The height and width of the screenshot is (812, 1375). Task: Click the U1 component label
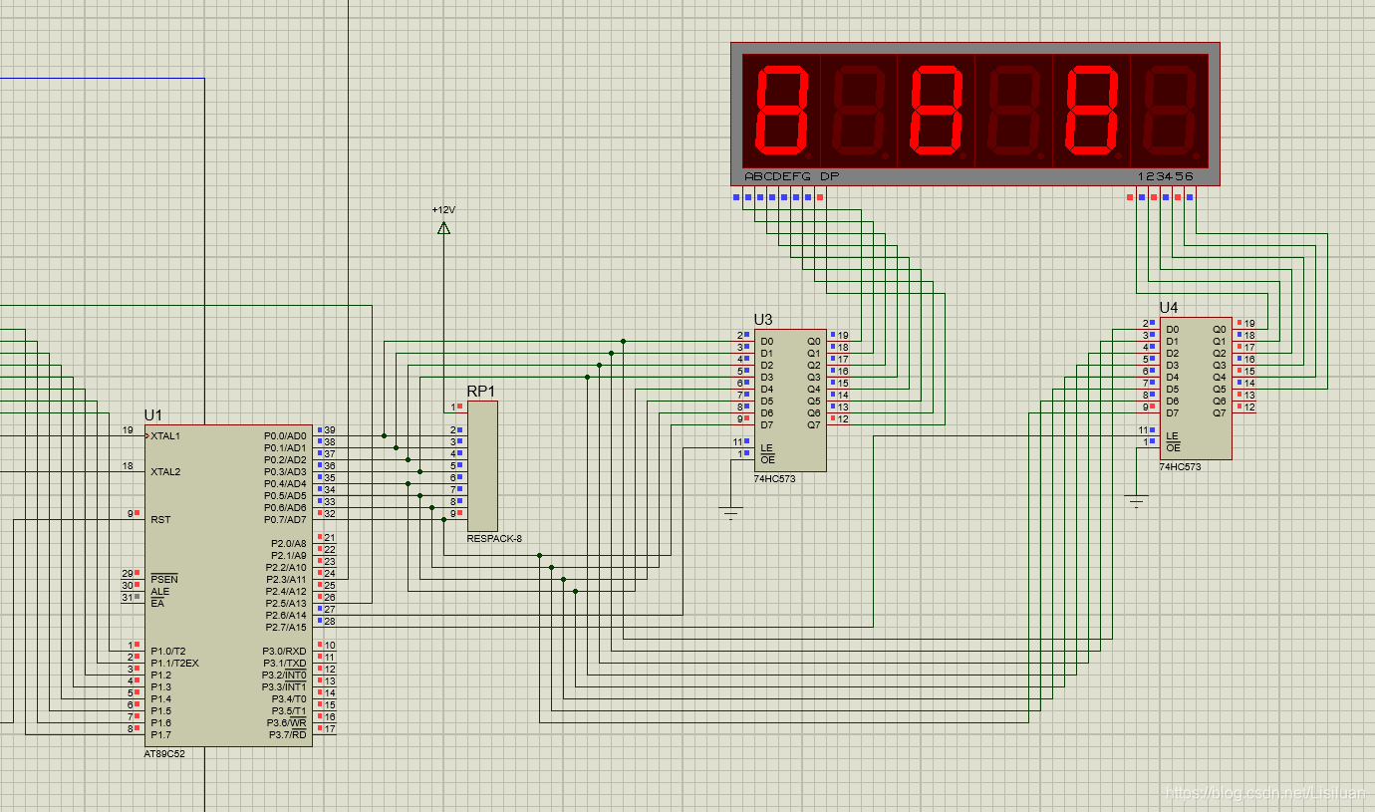click(152, 414)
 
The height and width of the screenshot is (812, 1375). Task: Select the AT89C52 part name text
click(164, 754)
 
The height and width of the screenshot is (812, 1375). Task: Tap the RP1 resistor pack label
click(480, 391)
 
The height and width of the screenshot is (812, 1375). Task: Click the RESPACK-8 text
click(494, 539)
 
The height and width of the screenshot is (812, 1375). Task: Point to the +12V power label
click(443, 210)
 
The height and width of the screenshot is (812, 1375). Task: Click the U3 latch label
click(762, 319)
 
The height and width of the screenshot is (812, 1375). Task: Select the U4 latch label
click(1169, 307)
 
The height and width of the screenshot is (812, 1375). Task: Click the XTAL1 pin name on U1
click(165, 436)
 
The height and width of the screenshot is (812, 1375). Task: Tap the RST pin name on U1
click(159, 520)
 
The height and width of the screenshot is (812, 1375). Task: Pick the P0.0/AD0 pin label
click(285, 436)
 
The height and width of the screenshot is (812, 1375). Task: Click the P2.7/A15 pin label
click(286, 628)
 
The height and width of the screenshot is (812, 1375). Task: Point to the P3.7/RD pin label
click(286, 735)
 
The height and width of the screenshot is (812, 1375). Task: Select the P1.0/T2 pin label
click(168, 652)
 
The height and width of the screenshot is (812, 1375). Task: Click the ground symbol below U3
click(732, 514)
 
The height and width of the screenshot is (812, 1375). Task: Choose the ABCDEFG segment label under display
click(777, 176)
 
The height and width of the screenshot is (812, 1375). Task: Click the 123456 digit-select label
click(1165, 176)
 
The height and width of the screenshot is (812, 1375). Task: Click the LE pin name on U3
click(766, 448)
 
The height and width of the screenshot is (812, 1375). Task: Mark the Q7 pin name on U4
click(1219, 412)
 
